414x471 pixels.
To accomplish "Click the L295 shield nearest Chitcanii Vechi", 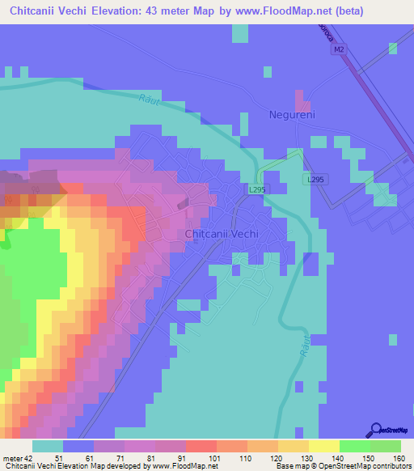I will point(256,189).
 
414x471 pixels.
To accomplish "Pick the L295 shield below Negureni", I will point(315,179).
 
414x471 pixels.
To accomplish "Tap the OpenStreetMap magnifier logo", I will point(375,430).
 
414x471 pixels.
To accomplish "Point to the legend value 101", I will point(214,457).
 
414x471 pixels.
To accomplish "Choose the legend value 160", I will point(398,457).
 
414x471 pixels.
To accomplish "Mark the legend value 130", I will point(306,457).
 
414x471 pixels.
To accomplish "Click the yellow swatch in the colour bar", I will point(323,446).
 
